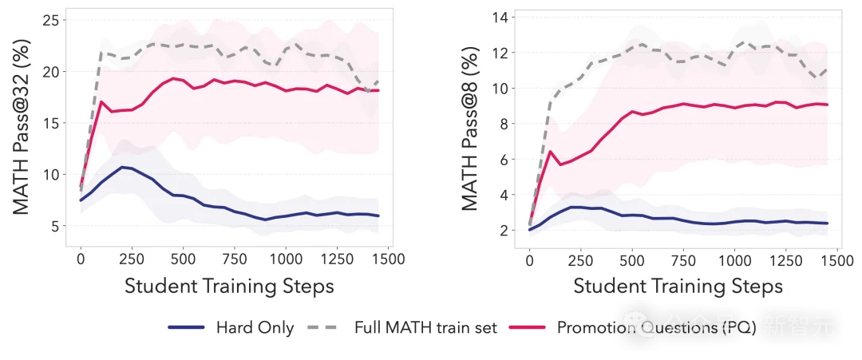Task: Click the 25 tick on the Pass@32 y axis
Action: click(51, 20)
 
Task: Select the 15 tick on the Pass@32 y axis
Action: click(51, 123)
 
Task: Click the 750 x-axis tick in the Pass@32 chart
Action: click(234, 259)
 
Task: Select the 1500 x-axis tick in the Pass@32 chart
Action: click(386, 259)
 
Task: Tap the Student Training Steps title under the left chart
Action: click(230, 286)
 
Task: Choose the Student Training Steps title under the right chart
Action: click(678, 286)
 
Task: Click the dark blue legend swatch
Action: click(188, 326)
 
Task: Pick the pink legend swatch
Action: click(524, 326)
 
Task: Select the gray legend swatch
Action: click(322, 326)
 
